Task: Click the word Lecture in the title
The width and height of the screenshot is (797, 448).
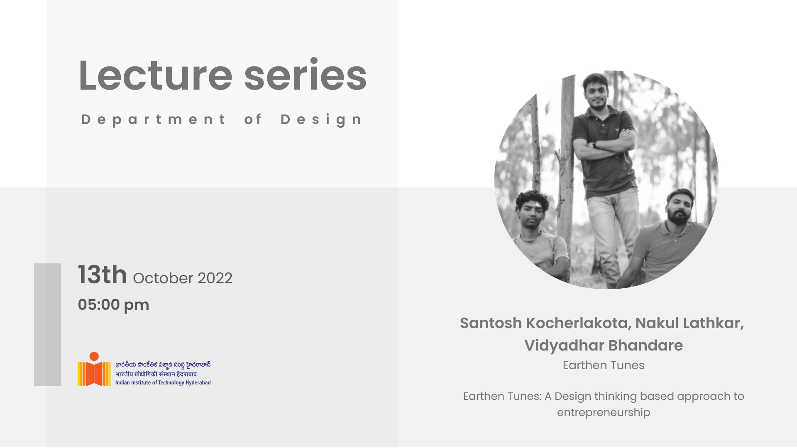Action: [x=156, y=75]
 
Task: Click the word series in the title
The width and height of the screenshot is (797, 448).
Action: [x=306, y=75]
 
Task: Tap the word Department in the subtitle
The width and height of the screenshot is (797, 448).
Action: [x=153, y=120]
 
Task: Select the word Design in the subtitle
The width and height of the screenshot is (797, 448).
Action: [x=322, y=120]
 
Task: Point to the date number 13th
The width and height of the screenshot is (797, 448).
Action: [x=103, y=275]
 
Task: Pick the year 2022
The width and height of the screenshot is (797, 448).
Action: [x=215, y=278]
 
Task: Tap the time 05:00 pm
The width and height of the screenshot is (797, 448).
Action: [x=113, y=305]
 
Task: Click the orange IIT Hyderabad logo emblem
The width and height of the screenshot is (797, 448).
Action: [x=94, y=369]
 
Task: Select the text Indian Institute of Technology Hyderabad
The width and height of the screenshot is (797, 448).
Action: [x=163, y=382]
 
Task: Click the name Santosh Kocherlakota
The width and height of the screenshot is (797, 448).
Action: [x=546, y=323]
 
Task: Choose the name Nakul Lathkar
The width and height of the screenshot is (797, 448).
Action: [x=689, y=323]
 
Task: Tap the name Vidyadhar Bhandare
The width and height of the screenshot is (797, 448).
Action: [x=604, y=346]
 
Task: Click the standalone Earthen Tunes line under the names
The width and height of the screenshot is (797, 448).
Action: [x=604, y=365]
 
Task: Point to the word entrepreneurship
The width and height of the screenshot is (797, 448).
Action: [x=604, y=413]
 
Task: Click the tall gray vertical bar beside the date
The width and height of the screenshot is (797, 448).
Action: [x=47, y=325]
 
